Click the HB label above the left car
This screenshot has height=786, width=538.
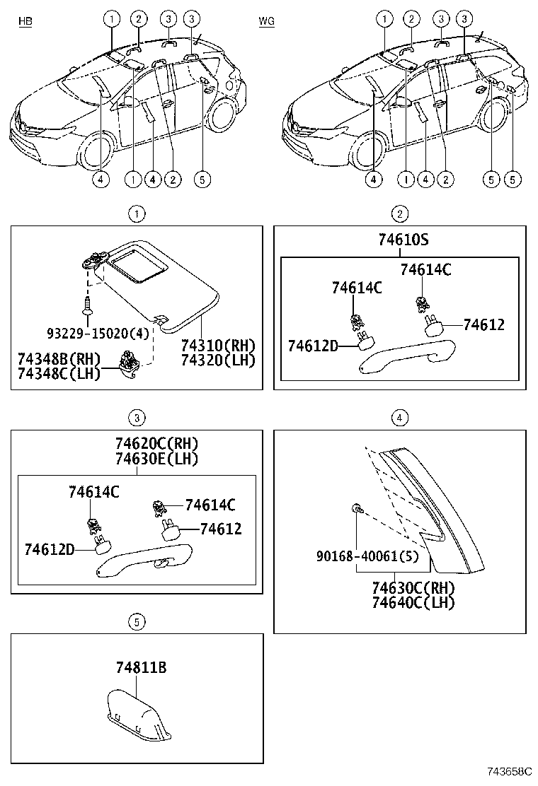click(25, 22)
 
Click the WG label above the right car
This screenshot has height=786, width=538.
click(267, 22)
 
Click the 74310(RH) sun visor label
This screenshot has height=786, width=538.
click(217, 346)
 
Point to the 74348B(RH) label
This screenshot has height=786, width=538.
click(59, 358)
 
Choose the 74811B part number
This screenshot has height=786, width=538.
click(142, 667)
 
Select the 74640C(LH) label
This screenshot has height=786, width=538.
click(413, 603)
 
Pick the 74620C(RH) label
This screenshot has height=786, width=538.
click(156, 444)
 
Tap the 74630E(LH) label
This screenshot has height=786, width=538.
click(156, 459)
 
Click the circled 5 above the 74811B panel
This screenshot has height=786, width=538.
click(137, 621)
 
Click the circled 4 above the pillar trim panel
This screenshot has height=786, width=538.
click(400, 418)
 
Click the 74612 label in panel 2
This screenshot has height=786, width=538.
click(483, 324)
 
